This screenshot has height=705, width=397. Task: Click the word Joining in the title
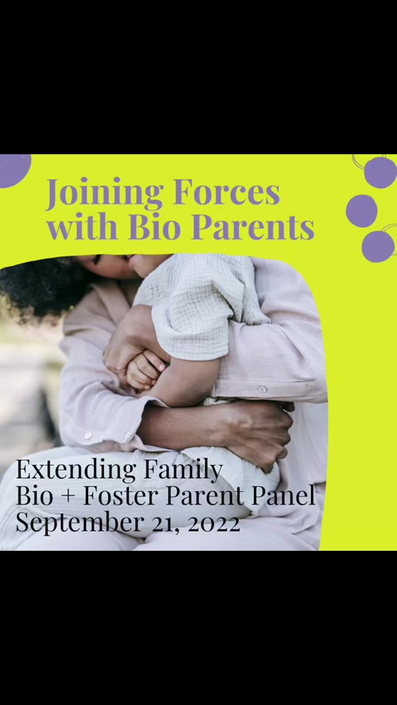point(104,193)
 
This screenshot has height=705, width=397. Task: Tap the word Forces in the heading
point(226,192)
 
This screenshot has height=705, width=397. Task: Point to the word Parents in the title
point(254,228)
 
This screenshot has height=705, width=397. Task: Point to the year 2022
point(214,524)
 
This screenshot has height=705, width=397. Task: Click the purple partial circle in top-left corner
point(15,170)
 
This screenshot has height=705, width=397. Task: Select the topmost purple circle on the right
point(380,172)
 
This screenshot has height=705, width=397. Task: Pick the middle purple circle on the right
point(362,211)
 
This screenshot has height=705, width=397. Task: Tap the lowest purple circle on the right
point(378,247)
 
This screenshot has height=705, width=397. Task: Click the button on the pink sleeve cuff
point(262,389)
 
